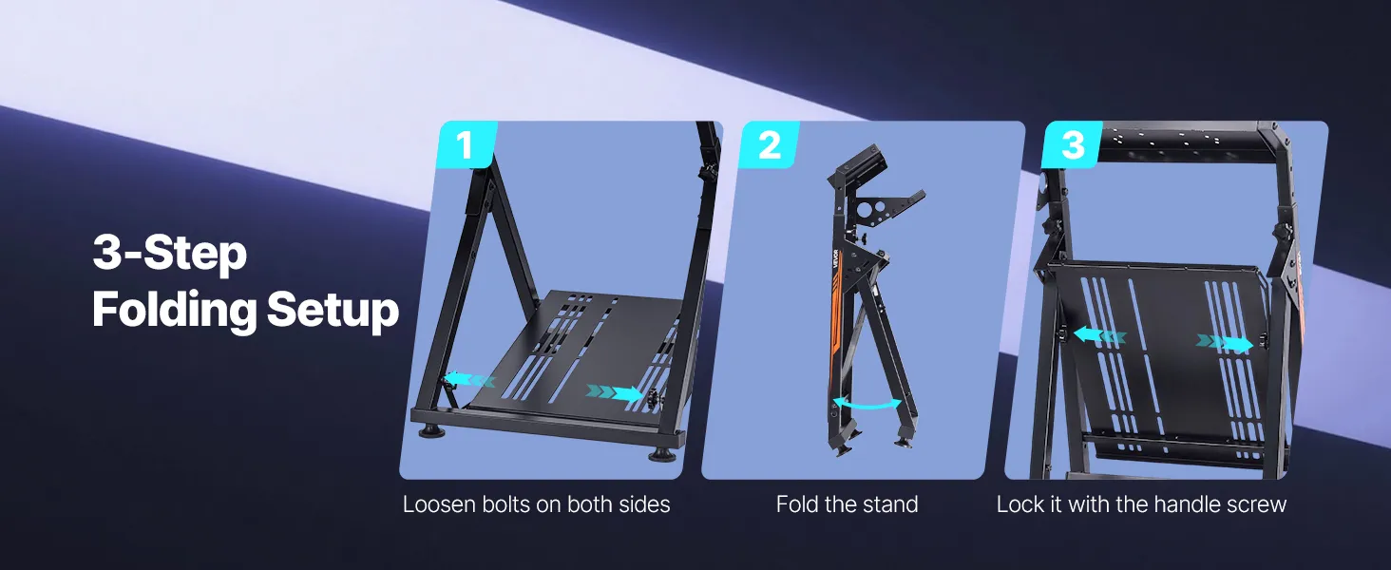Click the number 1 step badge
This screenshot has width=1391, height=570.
click(x=467, y=144)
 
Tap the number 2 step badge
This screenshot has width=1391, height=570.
click(x=770, y=144)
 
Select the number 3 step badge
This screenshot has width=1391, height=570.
click(x=1073, y=144)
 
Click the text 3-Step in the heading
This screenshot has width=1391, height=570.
click(x=169, y=254)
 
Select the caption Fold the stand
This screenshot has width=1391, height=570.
click(x=847, y=504)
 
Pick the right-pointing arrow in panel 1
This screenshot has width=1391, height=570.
click(x=615, y=392)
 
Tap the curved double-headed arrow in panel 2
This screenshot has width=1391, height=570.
click(x=867, y=404)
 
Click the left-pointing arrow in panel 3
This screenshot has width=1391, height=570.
click(x=1099, y=336)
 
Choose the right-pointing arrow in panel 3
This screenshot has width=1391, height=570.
click(x=1225, y=343)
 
